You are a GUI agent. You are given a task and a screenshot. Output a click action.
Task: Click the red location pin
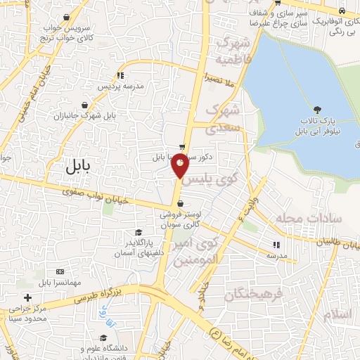click(180, 165)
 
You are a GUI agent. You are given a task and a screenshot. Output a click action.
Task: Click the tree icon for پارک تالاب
click(318, 109)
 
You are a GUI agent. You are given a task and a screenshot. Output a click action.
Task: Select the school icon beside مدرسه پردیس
click(120, 75)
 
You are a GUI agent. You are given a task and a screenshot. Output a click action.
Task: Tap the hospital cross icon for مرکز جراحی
click(27, 297)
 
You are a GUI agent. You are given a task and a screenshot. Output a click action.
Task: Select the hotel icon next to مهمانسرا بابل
click(59, 271)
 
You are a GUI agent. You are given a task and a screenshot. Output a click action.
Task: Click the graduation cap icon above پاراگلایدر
click(139, 233)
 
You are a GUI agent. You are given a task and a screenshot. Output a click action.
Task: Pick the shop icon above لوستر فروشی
click(181, 204)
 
